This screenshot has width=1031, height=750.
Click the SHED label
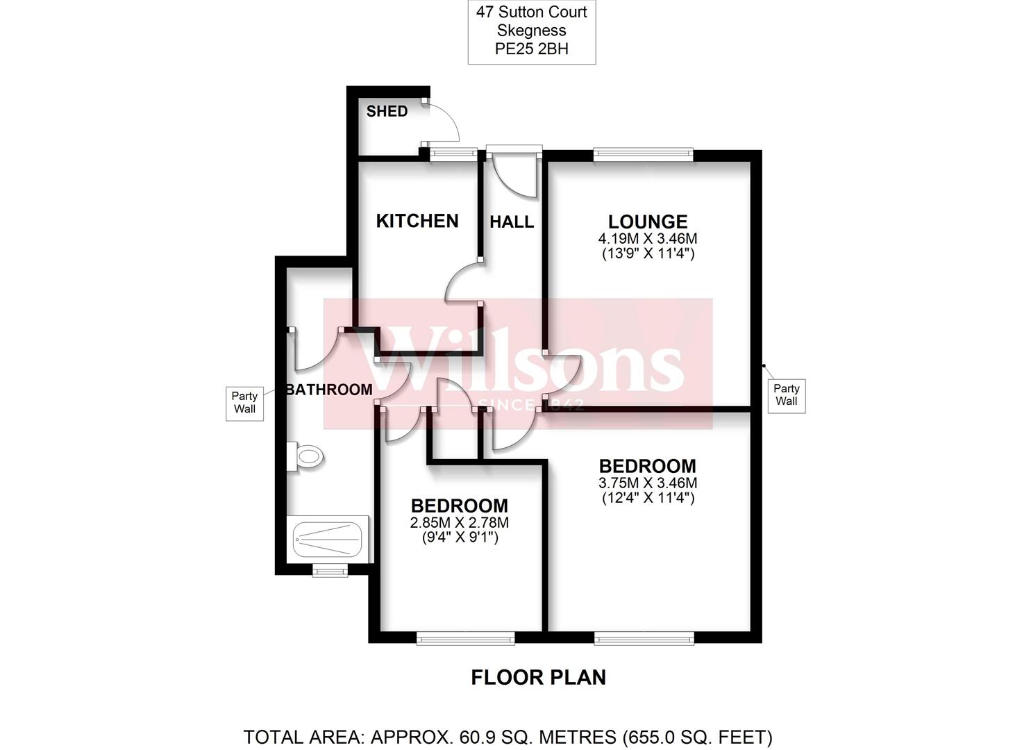click(x=387, y=111)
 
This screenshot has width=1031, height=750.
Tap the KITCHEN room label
click(x=417, y=221)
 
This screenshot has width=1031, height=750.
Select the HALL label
click(x=512, y=222)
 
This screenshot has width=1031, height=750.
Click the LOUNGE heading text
click(x=648, y=222)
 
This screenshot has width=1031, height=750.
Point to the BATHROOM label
click(x=329, y=390)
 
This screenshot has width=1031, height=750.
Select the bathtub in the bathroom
click(x=327, y=539)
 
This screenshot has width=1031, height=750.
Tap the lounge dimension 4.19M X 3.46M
click(x=648, y=239)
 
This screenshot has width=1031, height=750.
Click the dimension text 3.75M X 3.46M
click(x=648, y=483)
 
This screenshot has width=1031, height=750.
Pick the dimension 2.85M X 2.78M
click(x=459, y=523)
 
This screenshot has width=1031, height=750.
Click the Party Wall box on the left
click(x=244, y=403)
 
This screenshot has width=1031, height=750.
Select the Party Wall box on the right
click(x=786, y=395)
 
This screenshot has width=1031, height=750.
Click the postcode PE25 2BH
click(x=531, y=49)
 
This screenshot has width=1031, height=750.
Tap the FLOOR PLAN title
click(x=538, y=678)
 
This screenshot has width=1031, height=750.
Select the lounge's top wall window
click(x=643, y=154)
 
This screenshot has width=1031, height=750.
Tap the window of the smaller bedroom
click(x=465, y=637)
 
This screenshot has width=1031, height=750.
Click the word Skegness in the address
click(x=531, y=31)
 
